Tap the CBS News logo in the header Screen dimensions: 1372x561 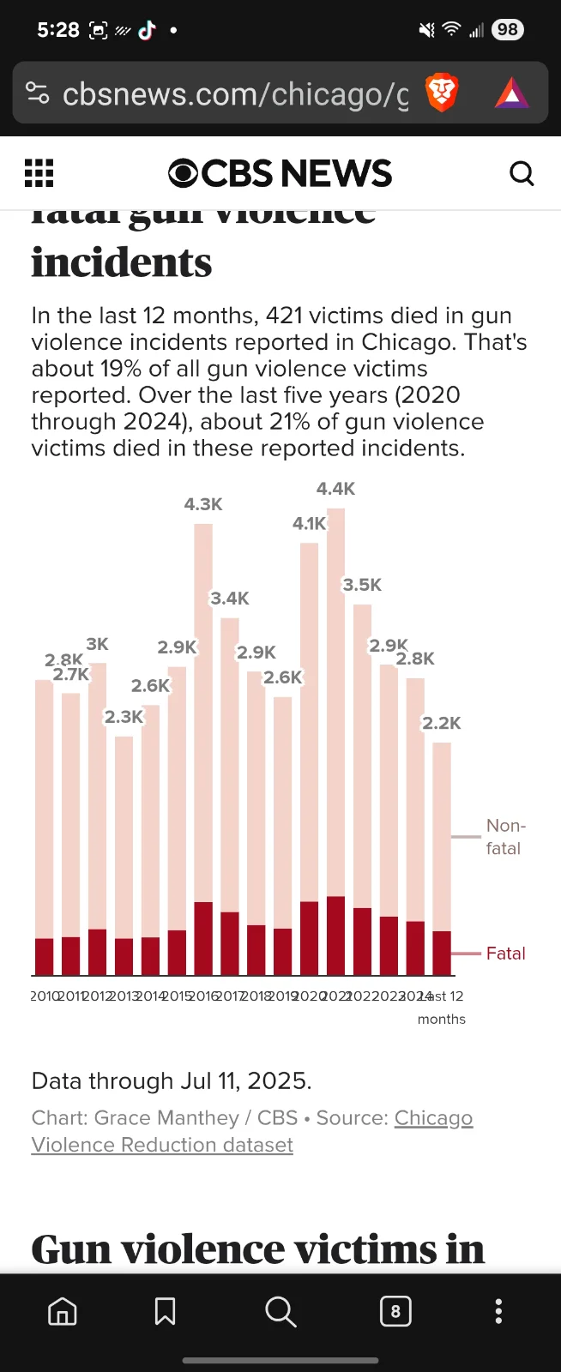280,173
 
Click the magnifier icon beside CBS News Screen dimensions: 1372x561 522,173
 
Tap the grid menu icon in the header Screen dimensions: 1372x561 39,173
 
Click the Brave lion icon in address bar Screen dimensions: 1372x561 442,93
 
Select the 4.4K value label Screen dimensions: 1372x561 335,489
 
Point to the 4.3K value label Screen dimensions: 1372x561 203,504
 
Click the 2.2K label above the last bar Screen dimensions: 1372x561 441,723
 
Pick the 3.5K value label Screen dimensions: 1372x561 362,585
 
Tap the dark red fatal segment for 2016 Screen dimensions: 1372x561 203,938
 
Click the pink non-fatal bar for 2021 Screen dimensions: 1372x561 335,703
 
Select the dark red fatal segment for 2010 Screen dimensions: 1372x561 45,956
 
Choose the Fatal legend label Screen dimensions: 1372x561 505,954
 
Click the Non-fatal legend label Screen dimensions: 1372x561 504,837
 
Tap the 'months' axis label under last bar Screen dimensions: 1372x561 442,1019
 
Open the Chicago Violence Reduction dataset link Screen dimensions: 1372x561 162,1145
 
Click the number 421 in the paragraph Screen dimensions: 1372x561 284,316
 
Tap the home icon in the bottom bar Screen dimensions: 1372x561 62,1311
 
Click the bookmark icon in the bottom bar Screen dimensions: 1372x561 165,1311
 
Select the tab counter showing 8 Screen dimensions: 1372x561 395,1311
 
